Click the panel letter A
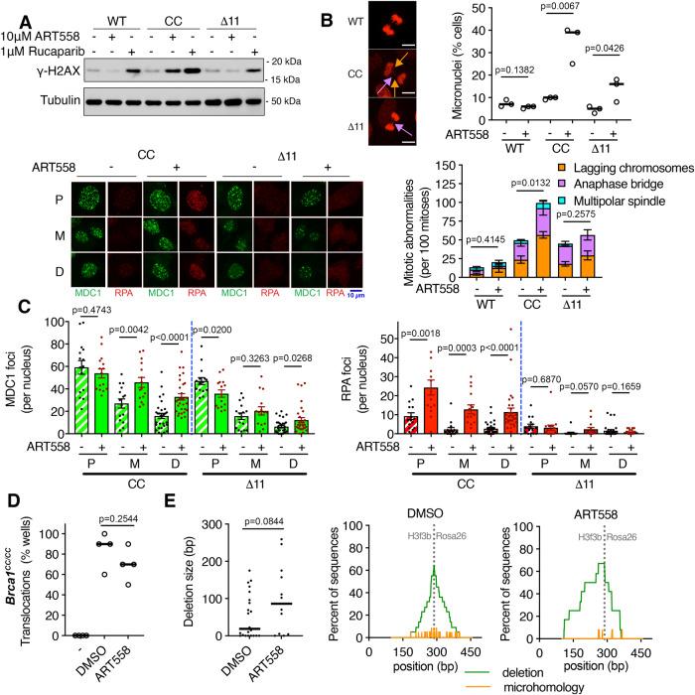[x=10, y=14]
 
